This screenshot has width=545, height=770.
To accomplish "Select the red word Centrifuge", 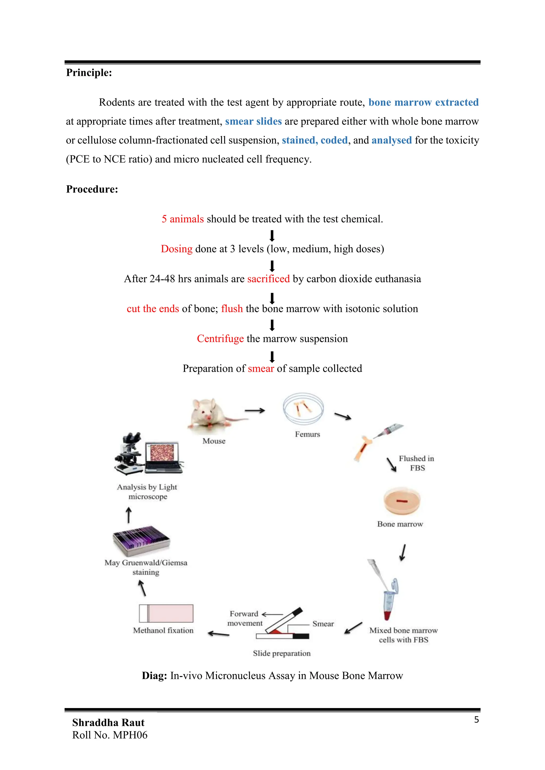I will (220, 339).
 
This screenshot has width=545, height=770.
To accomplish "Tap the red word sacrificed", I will (268, 279).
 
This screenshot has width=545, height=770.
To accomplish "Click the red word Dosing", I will (176, 249).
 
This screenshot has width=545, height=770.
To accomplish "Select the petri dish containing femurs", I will (303, 409).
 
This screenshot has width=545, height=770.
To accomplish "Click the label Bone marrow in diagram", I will (400, 524).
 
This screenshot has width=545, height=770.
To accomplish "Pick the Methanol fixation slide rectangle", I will (166, 613).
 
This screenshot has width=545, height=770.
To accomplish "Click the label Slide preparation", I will (282, 653).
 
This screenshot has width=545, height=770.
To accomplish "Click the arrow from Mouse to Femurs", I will (255, 411).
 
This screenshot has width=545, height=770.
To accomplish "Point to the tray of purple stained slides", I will (141, 541).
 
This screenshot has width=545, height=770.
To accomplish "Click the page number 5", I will (476, 720).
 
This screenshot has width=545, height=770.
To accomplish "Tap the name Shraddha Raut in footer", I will (108, 722).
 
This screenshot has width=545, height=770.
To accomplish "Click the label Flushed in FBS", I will (416, 463).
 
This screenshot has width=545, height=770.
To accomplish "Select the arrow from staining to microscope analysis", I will (129, 515).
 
